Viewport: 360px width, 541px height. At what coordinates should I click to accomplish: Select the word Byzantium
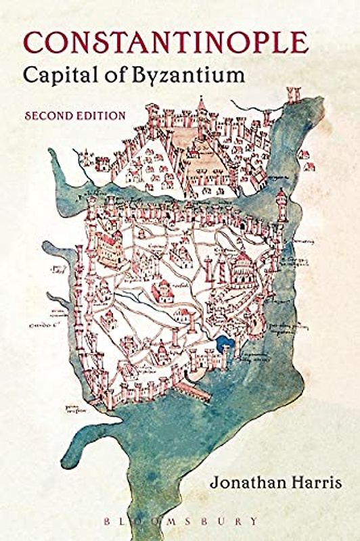click(x=192, y=76)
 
